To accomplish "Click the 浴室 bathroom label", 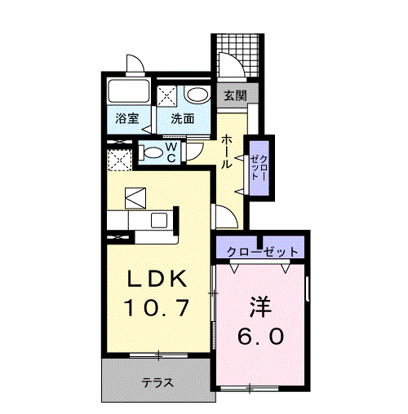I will [x=126, y=118].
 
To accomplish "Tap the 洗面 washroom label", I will [x=182, y=118].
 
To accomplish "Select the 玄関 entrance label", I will [x=236, y=95].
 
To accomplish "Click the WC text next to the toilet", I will [x=172, y=152].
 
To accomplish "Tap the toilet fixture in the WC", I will [x=152, y=152].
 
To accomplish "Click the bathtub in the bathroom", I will [x=127, y=93].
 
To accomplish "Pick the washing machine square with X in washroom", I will [x=168, y=94].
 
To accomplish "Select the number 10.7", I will [x=157, y=309].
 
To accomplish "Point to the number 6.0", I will [x=259, y=335].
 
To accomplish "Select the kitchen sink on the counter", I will [x=157, y=221].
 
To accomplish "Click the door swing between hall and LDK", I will [x=221, y=215].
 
